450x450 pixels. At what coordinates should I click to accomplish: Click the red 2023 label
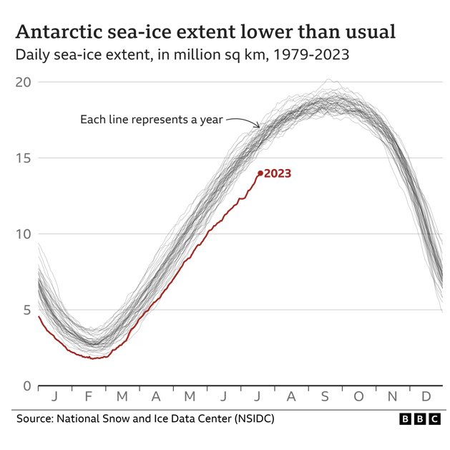tap(278, 173)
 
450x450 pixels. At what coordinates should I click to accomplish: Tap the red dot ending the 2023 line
tap(260, 173)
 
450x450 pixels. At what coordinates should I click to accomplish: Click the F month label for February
tap(88, 396)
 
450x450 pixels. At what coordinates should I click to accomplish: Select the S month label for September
tap(324, 396)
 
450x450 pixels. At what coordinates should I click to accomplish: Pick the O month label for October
tap(358, 396)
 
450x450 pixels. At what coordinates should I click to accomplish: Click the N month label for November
tap(392, 396)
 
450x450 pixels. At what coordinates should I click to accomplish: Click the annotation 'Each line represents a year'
tap(152, 119)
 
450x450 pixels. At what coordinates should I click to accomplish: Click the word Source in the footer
tap(35, 418)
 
